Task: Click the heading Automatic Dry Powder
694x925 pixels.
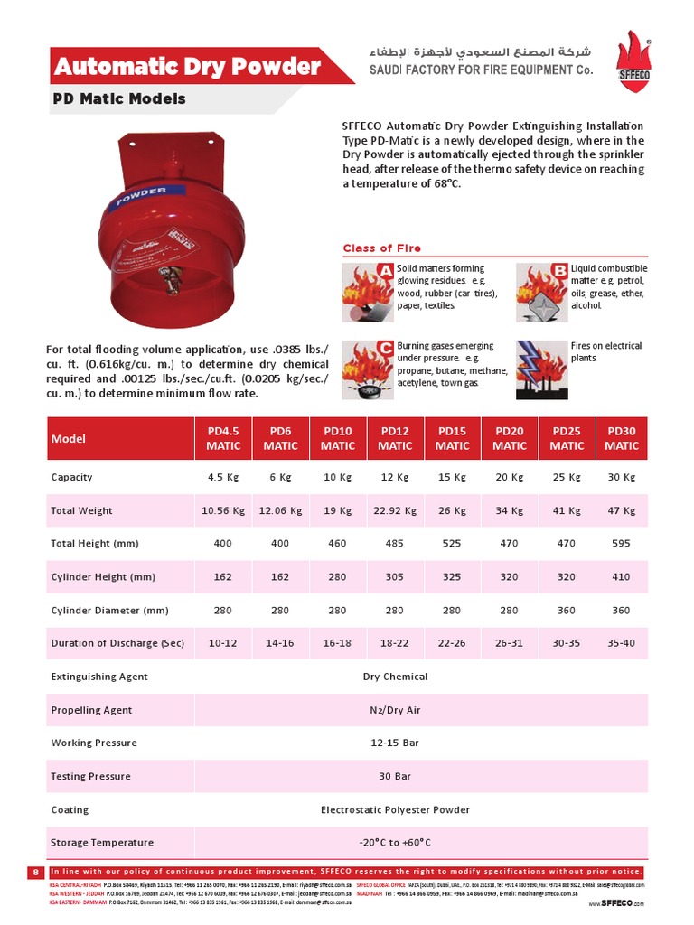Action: tap(188, 67)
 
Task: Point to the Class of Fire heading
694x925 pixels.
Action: tap(381, 248)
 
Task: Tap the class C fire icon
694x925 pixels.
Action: tap(369, 369)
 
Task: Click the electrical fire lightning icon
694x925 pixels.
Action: tap(542, 369)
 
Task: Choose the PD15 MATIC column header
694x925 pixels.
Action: tap(452, 439)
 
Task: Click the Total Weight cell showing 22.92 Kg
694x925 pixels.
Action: tap(395, 510)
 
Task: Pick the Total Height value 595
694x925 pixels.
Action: tap(622, 544)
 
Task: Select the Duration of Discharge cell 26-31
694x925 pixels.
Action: tap(510, 643)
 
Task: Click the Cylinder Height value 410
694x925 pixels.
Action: tap(622, 577)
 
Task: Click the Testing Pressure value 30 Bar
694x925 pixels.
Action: tap(395, 777)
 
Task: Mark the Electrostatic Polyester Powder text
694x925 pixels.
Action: tap(395, 810)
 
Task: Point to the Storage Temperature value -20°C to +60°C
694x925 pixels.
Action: tap(395, 843)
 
